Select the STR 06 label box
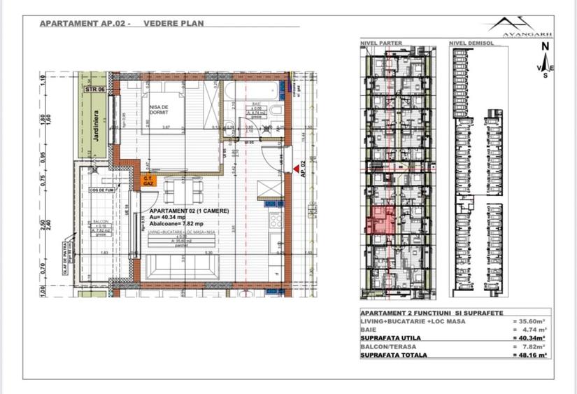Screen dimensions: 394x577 point(94,90)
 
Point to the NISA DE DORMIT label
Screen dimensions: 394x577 point(159,111)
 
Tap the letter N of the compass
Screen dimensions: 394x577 point(544,48)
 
